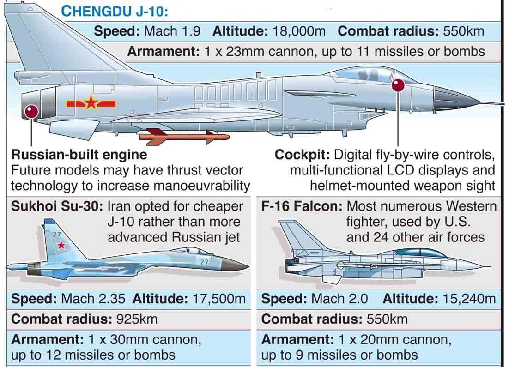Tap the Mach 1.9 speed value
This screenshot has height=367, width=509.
click(x=172, y=31)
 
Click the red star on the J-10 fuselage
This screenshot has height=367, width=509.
click(x=91, y=102)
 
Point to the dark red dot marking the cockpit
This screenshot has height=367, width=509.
click(x=398, y=85)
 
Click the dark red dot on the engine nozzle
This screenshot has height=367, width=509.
click(x=31, y=111)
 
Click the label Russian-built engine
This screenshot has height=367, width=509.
click(x=79, y=155)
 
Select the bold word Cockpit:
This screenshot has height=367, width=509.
click(x=302, y=155)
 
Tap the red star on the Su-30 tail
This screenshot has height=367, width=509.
click(x=61, y=245)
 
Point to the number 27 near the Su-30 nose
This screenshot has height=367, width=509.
click(x=205, y=262)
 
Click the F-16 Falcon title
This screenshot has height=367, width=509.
click(x=302, y=206)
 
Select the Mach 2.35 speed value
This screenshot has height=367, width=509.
click(x=93, y=299)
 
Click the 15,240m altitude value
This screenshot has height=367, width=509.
click(x=467, y=299)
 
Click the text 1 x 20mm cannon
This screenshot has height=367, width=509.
click(x=394, y=340)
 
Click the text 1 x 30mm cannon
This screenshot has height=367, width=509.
click(x=144, y=340)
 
